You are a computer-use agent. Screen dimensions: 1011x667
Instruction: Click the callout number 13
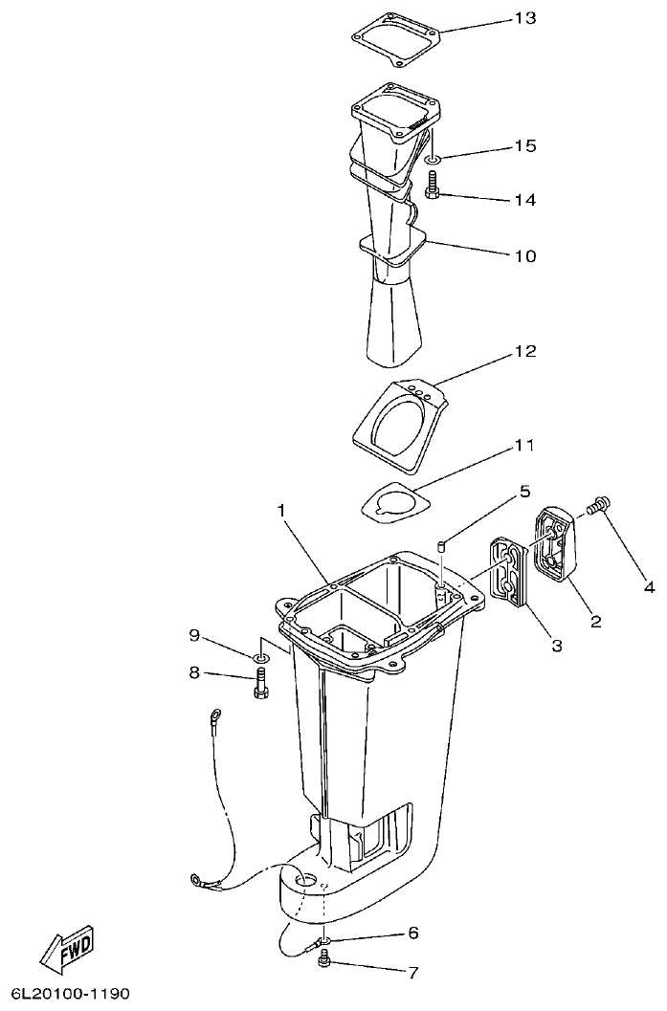[524, 18]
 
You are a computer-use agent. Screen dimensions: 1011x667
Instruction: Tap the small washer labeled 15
[432, 160]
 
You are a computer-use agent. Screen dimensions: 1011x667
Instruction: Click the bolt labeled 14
[432, 184]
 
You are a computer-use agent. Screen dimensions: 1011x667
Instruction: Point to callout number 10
[524, 256]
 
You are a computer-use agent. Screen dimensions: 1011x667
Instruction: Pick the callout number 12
[524, 352]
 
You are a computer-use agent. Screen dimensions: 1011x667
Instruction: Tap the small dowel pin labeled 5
[442, 547]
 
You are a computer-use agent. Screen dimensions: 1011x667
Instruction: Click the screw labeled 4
[601, 505]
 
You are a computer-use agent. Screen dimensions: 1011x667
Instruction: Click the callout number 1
[282, 512]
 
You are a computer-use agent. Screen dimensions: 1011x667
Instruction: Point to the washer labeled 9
[259, 658]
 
